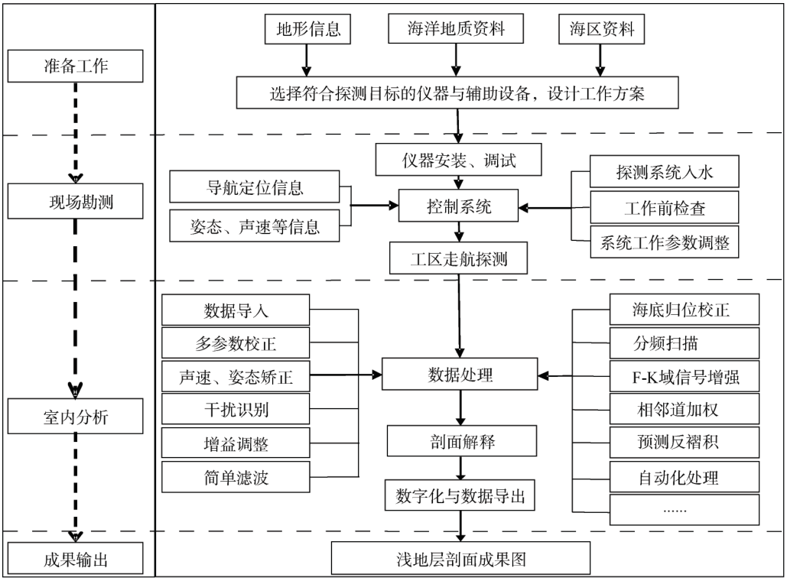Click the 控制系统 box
click(460, 206)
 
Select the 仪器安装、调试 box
click(460, 161)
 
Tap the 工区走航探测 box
click(459, 259)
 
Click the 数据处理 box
click(460, 375)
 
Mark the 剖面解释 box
click(460, 441)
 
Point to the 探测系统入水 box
click(664, 172)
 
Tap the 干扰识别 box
click(236, 409)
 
